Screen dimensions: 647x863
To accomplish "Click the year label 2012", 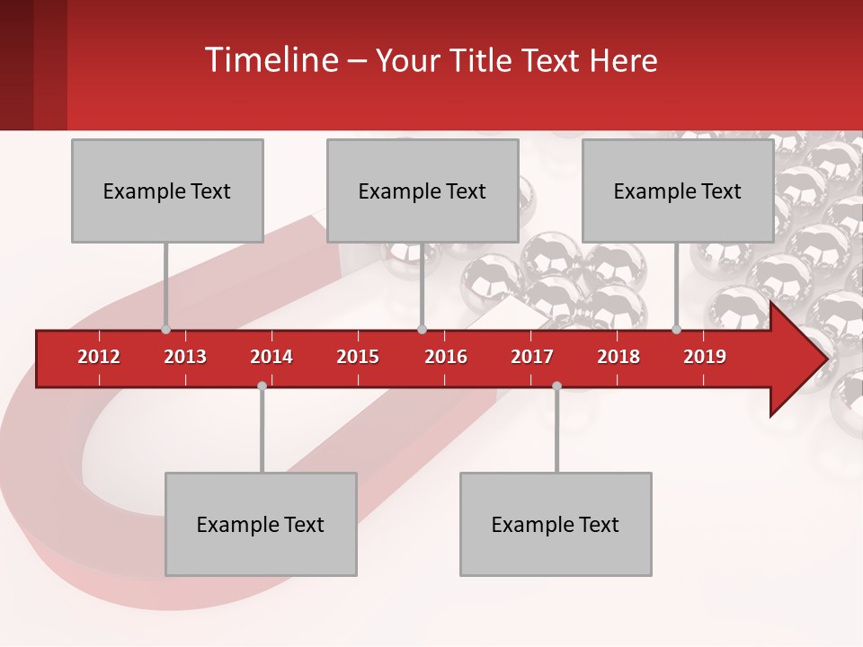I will pyautogui.click(x=99, y=357).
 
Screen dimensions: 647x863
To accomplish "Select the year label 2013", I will pyautogui.click(x=185, y=357).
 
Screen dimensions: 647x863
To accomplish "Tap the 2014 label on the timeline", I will pyautogui.click(x=271, y=357).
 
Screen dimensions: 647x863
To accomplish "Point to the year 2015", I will pyautogui.click(x=358, y=357).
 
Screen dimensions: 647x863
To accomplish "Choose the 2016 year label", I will pyautogui.click(x=446, y=357).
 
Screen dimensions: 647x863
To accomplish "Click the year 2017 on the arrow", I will pyautogui.click(x=532, y=357).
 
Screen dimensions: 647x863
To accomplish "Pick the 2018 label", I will pyautogui.click(x=618, y=357).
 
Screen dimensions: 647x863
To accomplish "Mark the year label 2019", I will pyautogui.click(x=705, y=357).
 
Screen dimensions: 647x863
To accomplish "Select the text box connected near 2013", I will pyautogui.click(x=167, y=191).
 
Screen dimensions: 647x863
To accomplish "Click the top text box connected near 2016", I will pyautogui.click(x=423, y=191).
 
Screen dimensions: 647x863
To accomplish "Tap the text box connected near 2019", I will pyautogui.click(x=678, y=191).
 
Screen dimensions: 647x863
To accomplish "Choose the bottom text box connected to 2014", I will pyautogui.click(x=261, y=524).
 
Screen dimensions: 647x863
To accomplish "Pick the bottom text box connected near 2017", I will pyautogui.click(x=556, y=524).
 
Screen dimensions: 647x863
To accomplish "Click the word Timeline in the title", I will pyautogui.click(x=270, y=60).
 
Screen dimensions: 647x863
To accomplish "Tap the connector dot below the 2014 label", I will pyautogui.click(x=262, y=386).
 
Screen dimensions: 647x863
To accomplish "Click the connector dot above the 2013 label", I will pyautogui.click(x=165, y=330).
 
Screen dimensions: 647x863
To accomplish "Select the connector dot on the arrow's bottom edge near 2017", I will pyautogui.click(x=556, y=386).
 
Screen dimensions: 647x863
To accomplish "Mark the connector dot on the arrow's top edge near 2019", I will pyautogui.click(x=677, y=330).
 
